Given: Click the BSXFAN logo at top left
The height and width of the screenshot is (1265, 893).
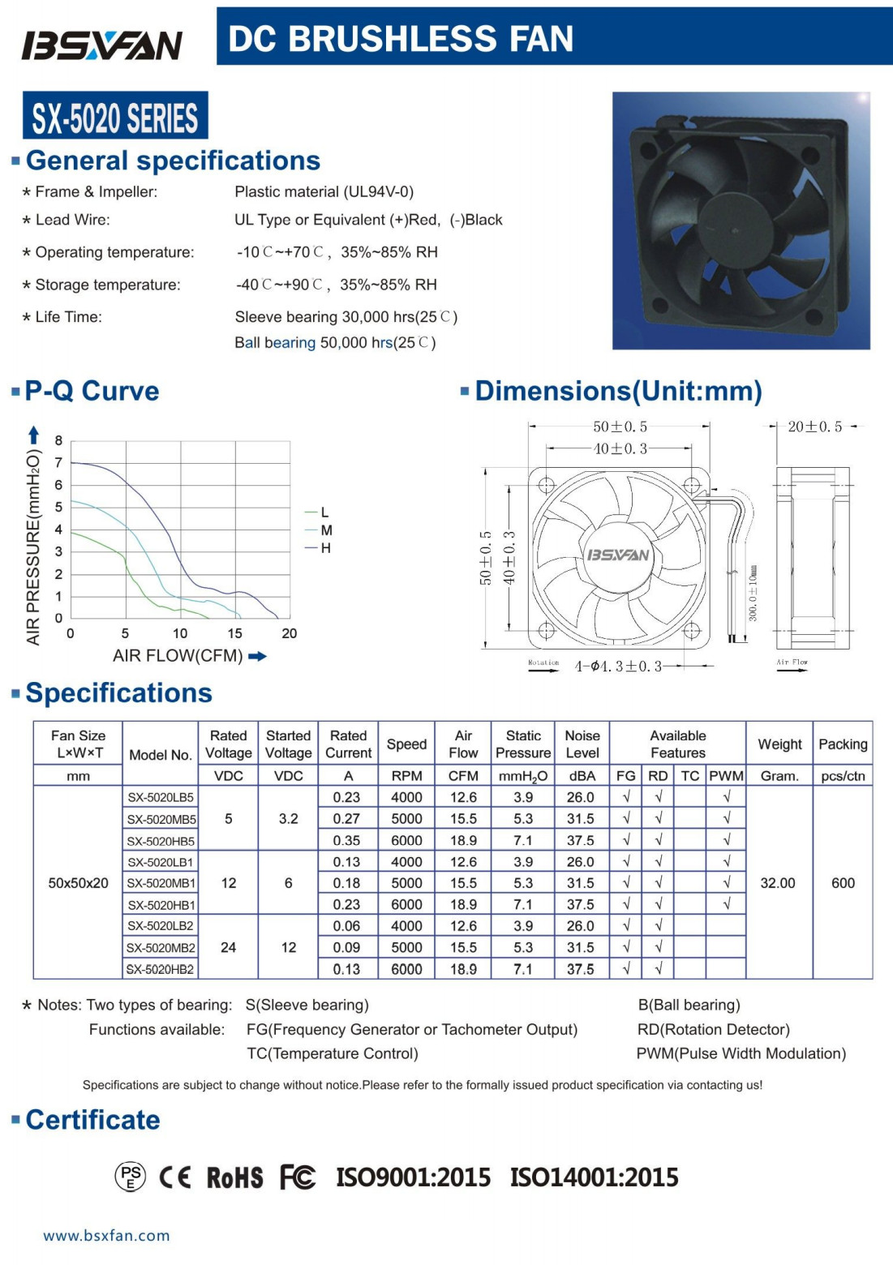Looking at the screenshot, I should (102, 45).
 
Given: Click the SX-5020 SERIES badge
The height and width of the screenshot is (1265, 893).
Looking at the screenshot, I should (115, 117).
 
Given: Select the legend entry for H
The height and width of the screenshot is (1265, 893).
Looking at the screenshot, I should (325, 548).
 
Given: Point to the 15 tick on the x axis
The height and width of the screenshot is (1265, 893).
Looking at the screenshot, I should (234, 633).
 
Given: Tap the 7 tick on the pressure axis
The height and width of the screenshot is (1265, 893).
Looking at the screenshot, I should (58, 463).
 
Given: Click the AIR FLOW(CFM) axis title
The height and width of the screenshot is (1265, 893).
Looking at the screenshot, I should (178, 655).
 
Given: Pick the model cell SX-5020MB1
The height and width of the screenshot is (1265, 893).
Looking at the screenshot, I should (161, 883).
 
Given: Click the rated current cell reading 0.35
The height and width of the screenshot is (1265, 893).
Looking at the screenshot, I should (347, 840).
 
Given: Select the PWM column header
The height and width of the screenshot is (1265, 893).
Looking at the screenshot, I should (726, 776).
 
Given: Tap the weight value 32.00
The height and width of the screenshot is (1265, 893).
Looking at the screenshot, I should (778, 883).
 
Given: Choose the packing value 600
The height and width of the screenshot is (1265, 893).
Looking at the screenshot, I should (843, 883).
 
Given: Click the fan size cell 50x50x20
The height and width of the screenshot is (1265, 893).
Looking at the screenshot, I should (78, 883).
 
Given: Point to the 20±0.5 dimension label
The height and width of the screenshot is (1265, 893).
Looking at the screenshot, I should (814, 427).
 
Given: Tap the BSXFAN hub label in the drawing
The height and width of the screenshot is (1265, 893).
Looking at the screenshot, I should (618, 555).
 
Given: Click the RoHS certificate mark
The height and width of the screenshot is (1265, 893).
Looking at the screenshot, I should (235, 1177).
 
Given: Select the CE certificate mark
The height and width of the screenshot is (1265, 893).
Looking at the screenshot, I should (175, 1177).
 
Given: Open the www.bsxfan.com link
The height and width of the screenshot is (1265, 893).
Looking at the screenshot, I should (106, 1236).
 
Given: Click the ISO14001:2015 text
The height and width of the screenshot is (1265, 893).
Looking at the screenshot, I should (594, 1177).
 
